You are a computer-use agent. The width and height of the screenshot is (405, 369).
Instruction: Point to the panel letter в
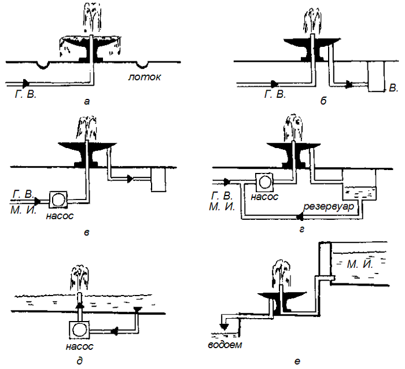(x=87, y=233)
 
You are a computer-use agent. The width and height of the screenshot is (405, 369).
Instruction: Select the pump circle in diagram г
(x=266, y=182)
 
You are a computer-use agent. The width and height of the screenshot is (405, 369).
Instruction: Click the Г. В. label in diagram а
(x=25, y=93)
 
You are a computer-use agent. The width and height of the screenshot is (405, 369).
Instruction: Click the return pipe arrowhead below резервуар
(x=300, y=217)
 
